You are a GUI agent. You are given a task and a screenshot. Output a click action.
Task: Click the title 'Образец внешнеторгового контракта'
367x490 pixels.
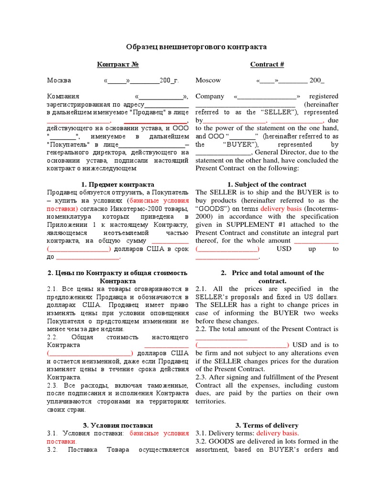point(196,47)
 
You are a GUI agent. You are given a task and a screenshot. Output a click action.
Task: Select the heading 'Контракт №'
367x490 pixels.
point(118,64)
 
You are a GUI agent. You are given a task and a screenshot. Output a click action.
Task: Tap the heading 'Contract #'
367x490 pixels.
point(267,64)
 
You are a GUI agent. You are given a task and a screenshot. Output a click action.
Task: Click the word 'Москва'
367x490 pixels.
point(59,80)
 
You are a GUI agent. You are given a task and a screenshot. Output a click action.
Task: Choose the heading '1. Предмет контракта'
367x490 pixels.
point(118,184)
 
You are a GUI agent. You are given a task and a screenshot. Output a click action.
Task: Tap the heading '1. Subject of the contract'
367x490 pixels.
point(267,184)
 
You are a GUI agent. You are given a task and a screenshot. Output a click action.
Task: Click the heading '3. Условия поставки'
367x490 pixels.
point(118,425)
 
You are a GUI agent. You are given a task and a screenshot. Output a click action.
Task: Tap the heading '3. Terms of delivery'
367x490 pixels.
point(267,425)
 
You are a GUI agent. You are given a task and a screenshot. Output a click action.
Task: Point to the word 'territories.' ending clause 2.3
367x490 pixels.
point(211,401)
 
